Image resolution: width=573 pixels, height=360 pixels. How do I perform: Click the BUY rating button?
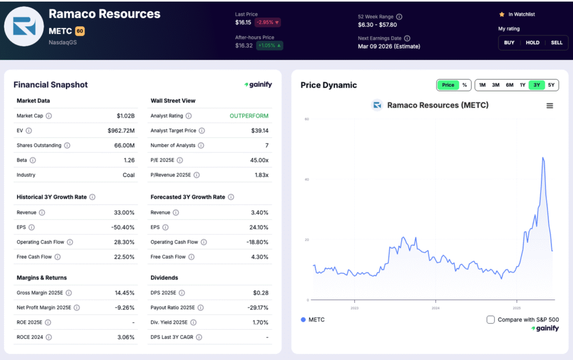(x=509, y=43)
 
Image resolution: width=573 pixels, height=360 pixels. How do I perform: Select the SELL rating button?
(x=556, y=43)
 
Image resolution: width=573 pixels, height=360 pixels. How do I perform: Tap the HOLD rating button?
(x=533, y=43)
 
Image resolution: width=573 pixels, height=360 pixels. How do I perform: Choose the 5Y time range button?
(x=551, y=85)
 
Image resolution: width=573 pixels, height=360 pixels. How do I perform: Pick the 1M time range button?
(x=482, y=85)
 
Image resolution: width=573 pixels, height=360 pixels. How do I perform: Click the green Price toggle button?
(x=448, y=85)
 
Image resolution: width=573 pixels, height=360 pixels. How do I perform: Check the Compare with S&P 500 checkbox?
(x=491, y=320)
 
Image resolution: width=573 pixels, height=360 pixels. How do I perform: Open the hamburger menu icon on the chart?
(x=549, y=106)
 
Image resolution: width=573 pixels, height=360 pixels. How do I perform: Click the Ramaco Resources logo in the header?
(x=24, y=26)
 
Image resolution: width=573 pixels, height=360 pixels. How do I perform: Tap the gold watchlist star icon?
(x=501, y=15)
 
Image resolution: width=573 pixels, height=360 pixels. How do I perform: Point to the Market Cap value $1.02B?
(x=125, y=116)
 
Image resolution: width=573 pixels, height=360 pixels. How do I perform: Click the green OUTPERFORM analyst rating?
(x=249, y=116)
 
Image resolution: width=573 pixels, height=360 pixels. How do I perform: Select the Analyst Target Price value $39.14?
(x=260, y=130)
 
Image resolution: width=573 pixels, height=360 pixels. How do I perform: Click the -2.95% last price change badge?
(x=268, y=22)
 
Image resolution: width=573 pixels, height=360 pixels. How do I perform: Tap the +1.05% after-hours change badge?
(x=270, y=45)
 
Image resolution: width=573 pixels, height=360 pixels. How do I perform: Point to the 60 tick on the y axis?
(x=307, y=119)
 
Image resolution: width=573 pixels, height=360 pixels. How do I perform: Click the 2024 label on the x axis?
(x=435, y=308)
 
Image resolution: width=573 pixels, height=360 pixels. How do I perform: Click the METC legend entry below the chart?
(x=313, y=320)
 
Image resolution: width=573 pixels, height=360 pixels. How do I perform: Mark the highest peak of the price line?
(x=543, y=158)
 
